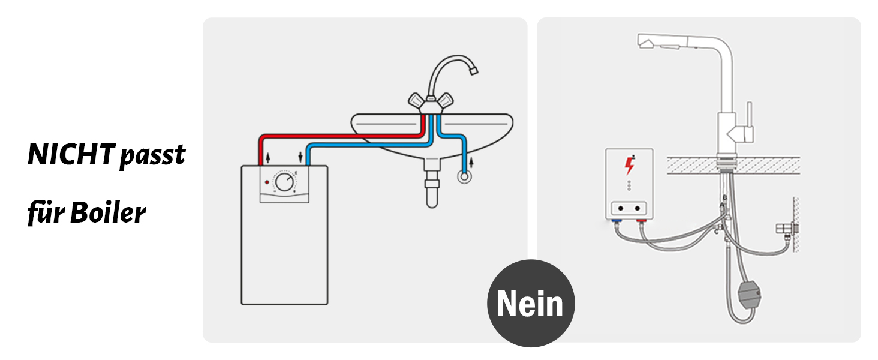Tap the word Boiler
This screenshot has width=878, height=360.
pos(108,213)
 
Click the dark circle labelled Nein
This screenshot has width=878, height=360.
pos(531,303)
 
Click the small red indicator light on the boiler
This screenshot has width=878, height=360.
pos(267,181)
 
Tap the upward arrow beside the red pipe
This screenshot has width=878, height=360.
pos(267,158)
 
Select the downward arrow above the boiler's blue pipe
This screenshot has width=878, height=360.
pos(300,158)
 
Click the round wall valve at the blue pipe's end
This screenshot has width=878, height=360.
pos(464,178)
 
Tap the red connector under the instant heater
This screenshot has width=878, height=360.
pos(641,223)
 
